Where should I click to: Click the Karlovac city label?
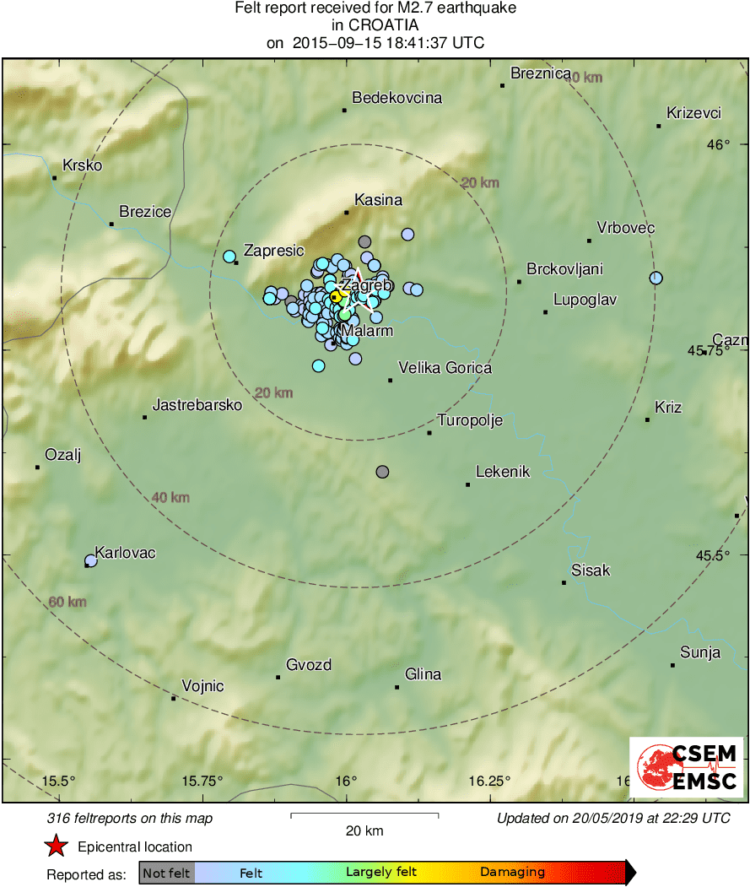click(x=125, y=553)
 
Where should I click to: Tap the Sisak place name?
click(x=591, y=571)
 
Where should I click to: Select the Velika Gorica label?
click(x=445, y=368)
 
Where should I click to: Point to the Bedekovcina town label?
click(x=397, y=98)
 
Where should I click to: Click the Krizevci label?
click(x=693, y=113)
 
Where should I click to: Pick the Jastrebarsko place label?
click(x=197, y=405)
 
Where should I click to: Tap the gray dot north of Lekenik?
click(x=383, y=472)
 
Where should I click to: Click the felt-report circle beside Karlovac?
click(x=91, y=560)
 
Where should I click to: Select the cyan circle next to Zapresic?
click(x=229, y=256)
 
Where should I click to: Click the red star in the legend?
click(x=56, y=846)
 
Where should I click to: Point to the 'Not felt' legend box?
click(x=166, y=873)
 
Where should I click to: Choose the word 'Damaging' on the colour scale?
click(x=513, y=873)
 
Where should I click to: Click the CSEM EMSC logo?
click(x=686, y=766)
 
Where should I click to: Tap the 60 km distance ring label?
click(x=67, y=602)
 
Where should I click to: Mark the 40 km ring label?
click(x=170, y=497)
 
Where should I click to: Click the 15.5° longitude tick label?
click(x=60, y=781)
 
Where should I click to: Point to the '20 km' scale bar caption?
click(x=364, y=830)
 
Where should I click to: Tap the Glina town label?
click(x=423, y=674)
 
